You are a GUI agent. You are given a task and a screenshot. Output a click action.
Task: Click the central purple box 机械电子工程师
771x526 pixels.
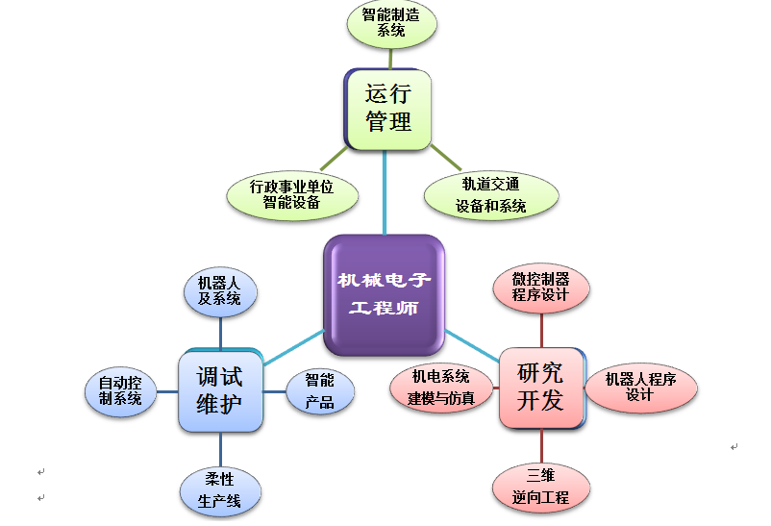tap(385, 294)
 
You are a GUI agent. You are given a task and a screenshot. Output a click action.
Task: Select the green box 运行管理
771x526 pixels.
tap(388, 109)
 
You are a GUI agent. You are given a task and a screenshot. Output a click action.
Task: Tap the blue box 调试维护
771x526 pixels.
tap(220, 389)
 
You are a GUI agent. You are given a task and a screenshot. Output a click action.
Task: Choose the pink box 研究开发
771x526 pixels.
tap(540, 387)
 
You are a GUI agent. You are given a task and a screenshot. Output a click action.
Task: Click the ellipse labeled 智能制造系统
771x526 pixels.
tap(390, 23)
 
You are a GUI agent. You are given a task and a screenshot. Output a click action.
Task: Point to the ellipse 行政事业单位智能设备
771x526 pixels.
tap(292, 195)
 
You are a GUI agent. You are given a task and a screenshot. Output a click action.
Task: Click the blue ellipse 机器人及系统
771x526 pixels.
tap(220, 290)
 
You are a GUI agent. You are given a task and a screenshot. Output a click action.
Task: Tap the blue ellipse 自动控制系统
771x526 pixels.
tap(120, 390)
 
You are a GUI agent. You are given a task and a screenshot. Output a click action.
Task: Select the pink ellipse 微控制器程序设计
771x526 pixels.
tap(540, 288)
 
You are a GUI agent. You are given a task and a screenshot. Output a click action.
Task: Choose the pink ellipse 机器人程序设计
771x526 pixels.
tap(640, 388)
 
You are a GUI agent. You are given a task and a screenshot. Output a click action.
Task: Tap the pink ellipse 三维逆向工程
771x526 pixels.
tap(540, 487)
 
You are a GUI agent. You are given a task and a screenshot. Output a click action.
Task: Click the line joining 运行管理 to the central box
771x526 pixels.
tap(385, 192)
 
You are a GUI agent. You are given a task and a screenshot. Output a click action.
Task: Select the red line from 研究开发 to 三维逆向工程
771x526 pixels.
tap(540, 446)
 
